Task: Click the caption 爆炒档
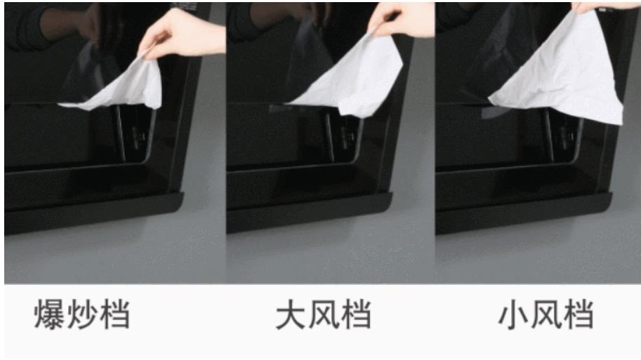(x=81, y=314)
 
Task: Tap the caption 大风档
(x=324, y=314)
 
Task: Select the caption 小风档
(x=546, y=314)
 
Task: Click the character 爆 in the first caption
(x=49, y=314)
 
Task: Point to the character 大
(x=291, y=314)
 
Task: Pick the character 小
(x=514, y=314)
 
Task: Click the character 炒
(x=81, y=314)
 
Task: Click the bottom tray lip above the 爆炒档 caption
(x=94, y=213)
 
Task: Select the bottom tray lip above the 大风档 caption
(x=310, y=213)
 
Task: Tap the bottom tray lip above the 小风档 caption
(x=524, y=213)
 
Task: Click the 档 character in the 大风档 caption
(x=356, y=314)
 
